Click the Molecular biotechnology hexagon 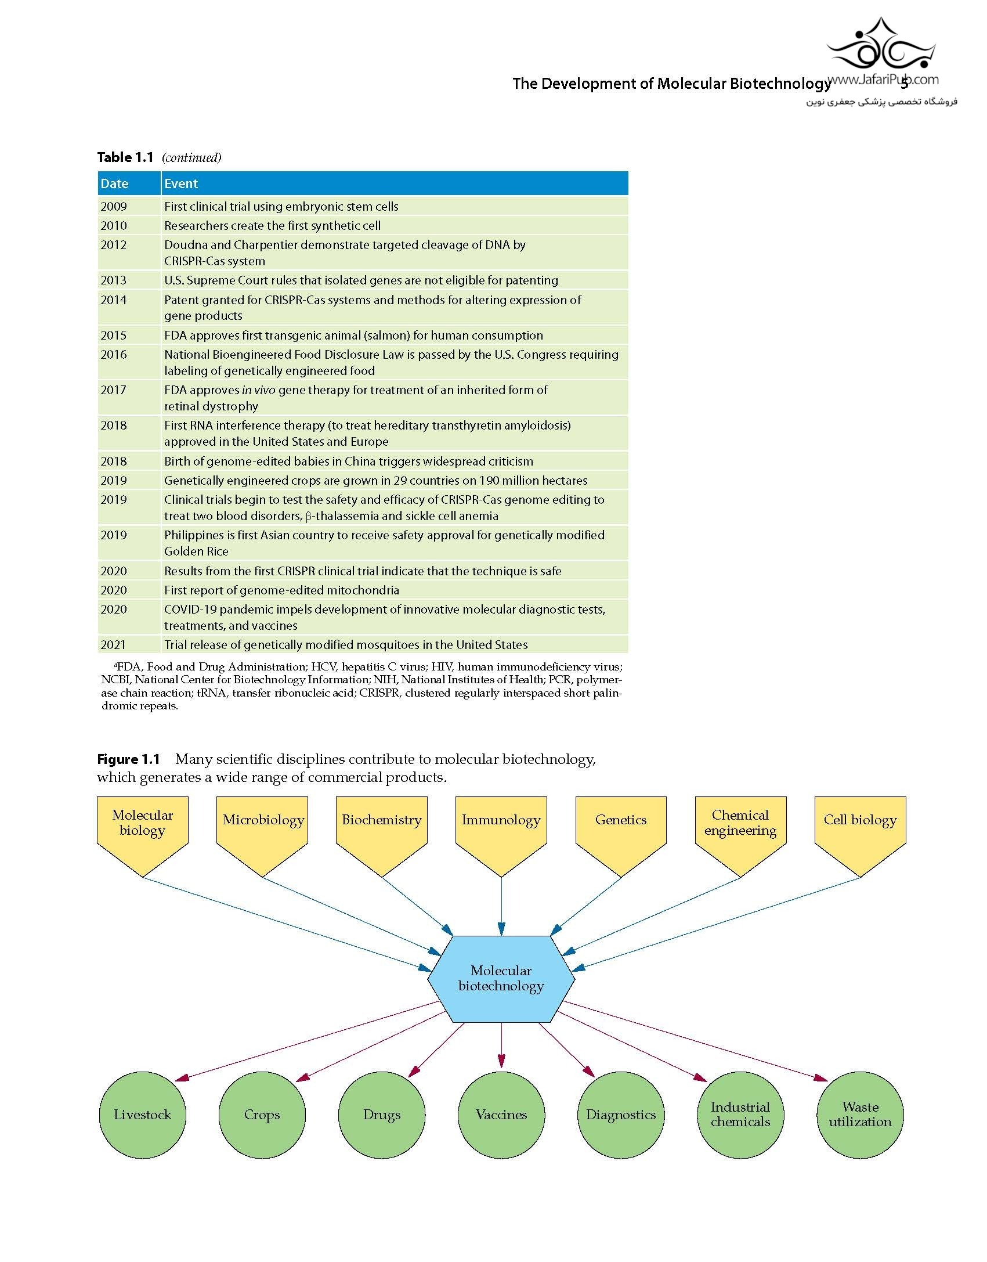[x=501, y=979]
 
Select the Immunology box [x=501, y=836]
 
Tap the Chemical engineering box [x=740, y=836]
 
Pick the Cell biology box [x=860, y=836]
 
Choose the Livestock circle [x=143, y=1115]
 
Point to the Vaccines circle [x=501, y=1115]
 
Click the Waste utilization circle [x=860, y=1115]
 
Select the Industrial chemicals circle [x=740, y=1115]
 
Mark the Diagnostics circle [x=621, y=1115]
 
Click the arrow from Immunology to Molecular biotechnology [x=501, y=906]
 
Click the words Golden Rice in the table [x=196, y=551]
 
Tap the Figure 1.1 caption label [x=128, y=759]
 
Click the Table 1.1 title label [x=125, y=157]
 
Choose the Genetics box [x=621, y=836]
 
